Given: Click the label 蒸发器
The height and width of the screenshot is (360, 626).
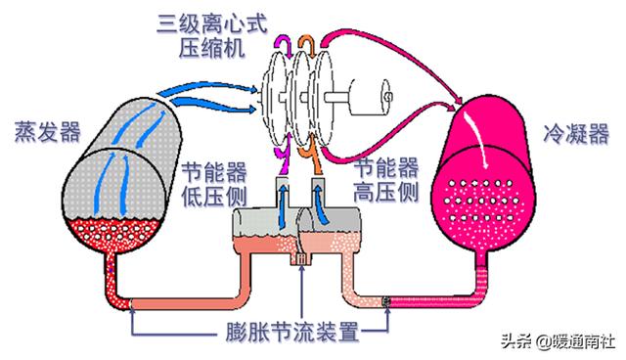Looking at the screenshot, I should pos(47,130).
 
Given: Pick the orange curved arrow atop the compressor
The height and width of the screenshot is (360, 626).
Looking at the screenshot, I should pos(307,43).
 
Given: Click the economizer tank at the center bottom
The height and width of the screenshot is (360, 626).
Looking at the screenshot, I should pos(293,235).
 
